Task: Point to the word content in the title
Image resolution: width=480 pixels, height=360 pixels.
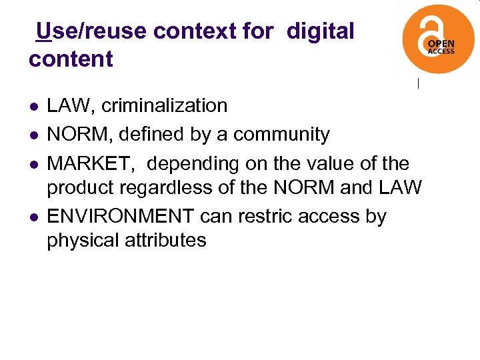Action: (x=71, y=59)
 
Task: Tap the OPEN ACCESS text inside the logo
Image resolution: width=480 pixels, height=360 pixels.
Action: (x=441, y=45)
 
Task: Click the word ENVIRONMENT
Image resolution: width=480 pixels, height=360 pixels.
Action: (x=120, y=217)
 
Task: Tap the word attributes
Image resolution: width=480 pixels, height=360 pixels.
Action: (x=166, y=239)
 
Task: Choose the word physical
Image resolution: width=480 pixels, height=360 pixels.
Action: (x=83, y=239)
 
